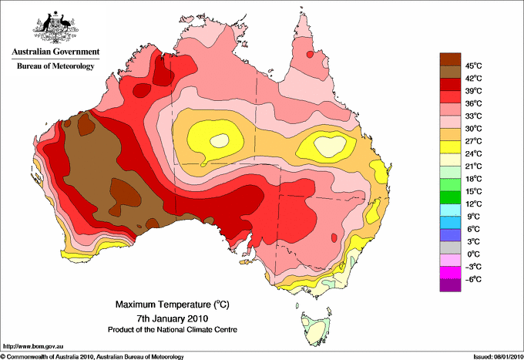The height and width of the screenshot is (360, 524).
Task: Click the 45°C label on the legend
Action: click(474, 66)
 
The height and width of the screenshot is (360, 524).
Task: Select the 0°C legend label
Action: click(474, 254)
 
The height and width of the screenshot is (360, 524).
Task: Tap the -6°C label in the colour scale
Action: click(473, 279)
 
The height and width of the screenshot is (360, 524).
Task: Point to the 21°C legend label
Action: click(474, 167)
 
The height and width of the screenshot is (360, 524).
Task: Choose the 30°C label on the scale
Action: click(474, 129)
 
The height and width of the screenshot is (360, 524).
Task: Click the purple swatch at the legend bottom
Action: click(450, 285)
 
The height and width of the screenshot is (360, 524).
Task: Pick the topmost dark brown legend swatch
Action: click(450, 59)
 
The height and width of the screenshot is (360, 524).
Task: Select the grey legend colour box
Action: click(450, 247)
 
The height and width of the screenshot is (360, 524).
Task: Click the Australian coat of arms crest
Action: click(55, 27)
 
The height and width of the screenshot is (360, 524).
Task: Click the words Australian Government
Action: click(55, 52)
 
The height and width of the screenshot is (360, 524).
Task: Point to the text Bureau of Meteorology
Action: click(55, 66)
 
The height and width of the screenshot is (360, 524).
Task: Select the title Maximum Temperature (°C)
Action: click(173, 304)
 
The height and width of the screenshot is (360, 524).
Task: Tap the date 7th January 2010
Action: click(173, 318)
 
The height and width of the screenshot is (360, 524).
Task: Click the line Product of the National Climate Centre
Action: click(173, 330)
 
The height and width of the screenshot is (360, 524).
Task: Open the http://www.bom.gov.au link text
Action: click(33, 347)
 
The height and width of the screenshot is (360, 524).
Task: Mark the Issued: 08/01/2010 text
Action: click(499, 357)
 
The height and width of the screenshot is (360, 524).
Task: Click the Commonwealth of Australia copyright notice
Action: click(92, 357)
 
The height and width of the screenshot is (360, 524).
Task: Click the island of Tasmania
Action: click(315, 328)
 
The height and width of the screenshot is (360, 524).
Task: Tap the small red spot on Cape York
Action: click(310, 54)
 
